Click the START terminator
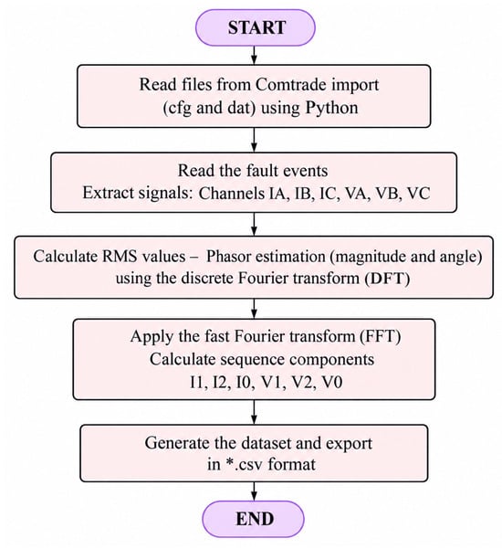pos(255,27)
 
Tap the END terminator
pos(254,519)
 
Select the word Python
pos(331,108)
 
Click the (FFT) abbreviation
pos(380,336)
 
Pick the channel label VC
pos(419,194)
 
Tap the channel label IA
pos(278,194)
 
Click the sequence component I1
pos(198,382)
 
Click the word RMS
pos(120,257)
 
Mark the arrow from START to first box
pos(255,56)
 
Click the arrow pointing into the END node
pos(255,491)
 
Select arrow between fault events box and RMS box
pos(255,224)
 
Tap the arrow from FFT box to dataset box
pos(255,412)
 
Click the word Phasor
pos(228,257)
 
